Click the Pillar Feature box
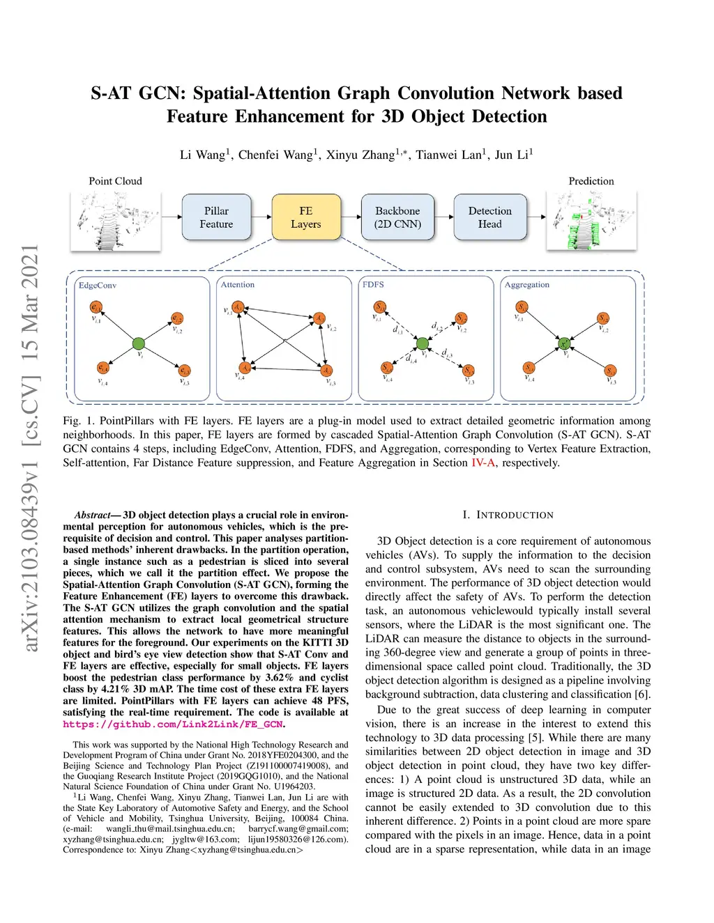pos(216,217)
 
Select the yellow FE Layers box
pos(305,217)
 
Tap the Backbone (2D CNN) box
pos(397,217)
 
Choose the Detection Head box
pos(489,217)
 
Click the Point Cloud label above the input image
pos(115,181)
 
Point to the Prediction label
pos(591,181)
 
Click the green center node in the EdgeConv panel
pos(138,343)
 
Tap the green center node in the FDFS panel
pos(422,343)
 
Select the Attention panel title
pos(238,285)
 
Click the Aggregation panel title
pos(527,285)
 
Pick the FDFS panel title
pos(373,285)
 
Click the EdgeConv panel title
pos(98,286)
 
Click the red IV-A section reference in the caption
pos(483,463)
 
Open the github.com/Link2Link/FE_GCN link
pos(173,724)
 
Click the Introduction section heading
pos(508,515)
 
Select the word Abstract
pos(93,515)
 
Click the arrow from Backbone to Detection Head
pos(443,217)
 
